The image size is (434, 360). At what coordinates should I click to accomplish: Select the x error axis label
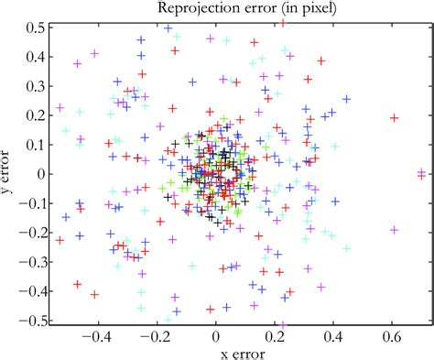216,353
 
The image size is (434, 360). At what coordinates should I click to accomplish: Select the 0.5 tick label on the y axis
36,28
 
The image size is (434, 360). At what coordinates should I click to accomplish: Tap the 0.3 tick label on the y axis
36,86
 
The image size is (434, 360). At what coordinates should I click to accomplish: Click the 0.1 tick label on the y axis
36,145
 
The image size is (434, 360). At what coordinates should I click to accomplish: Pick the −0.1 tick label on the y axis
32,202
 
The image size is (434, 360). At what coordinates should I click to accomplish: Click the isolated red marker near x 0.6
395,117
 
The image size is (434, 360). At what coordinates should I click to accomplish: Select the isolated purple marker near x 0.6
395,230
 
